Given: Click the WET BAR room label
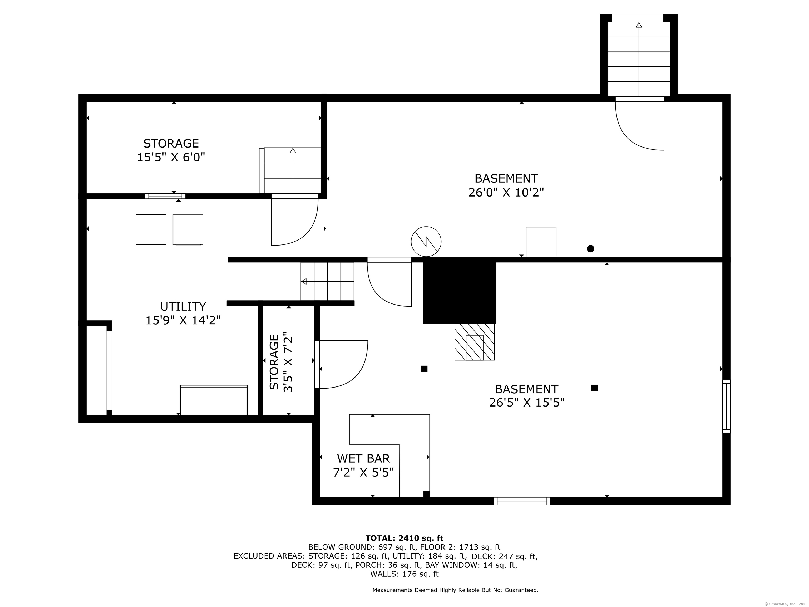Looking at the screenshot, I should pyautogui.click(x=363, y=458).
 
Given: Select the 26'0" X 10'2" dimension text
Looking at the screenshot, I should pyautogui.click(x=506, y=193).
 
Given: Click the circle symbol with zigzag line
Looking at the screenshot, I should pyautogui.click(x=426, y=242).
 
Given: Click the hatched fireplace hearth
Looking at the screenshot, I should pyautogui.click(x=474, y=342).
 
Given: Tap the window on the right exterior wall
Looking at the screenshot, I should pyautogui.click(x=726, y=407).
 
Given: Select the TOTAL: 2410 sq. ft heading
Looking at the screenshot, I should pyautogui.click(x=404, y=538).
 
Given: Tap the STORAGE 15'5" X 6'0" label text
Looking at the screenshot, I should pyautogui.click(x=171, y=150).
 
